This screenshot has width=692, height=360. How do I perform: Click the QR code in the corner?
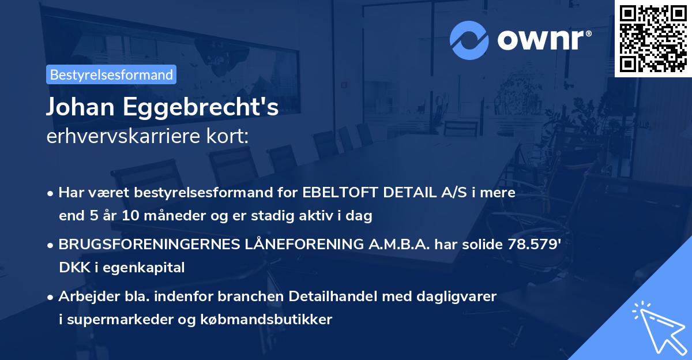click(x=653, y=38)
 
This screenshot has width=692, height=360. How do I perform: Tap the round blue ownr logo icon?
click(x=469, y=40)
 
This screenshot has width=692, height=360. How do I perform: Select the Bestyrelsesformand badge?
click(x=111, y=74)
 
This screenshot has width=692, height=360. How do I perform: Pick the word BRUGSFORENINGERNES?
click(x=153, y=244)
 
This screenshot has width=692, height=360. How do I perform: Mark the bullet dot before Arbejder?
click(x=51, y=297)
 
